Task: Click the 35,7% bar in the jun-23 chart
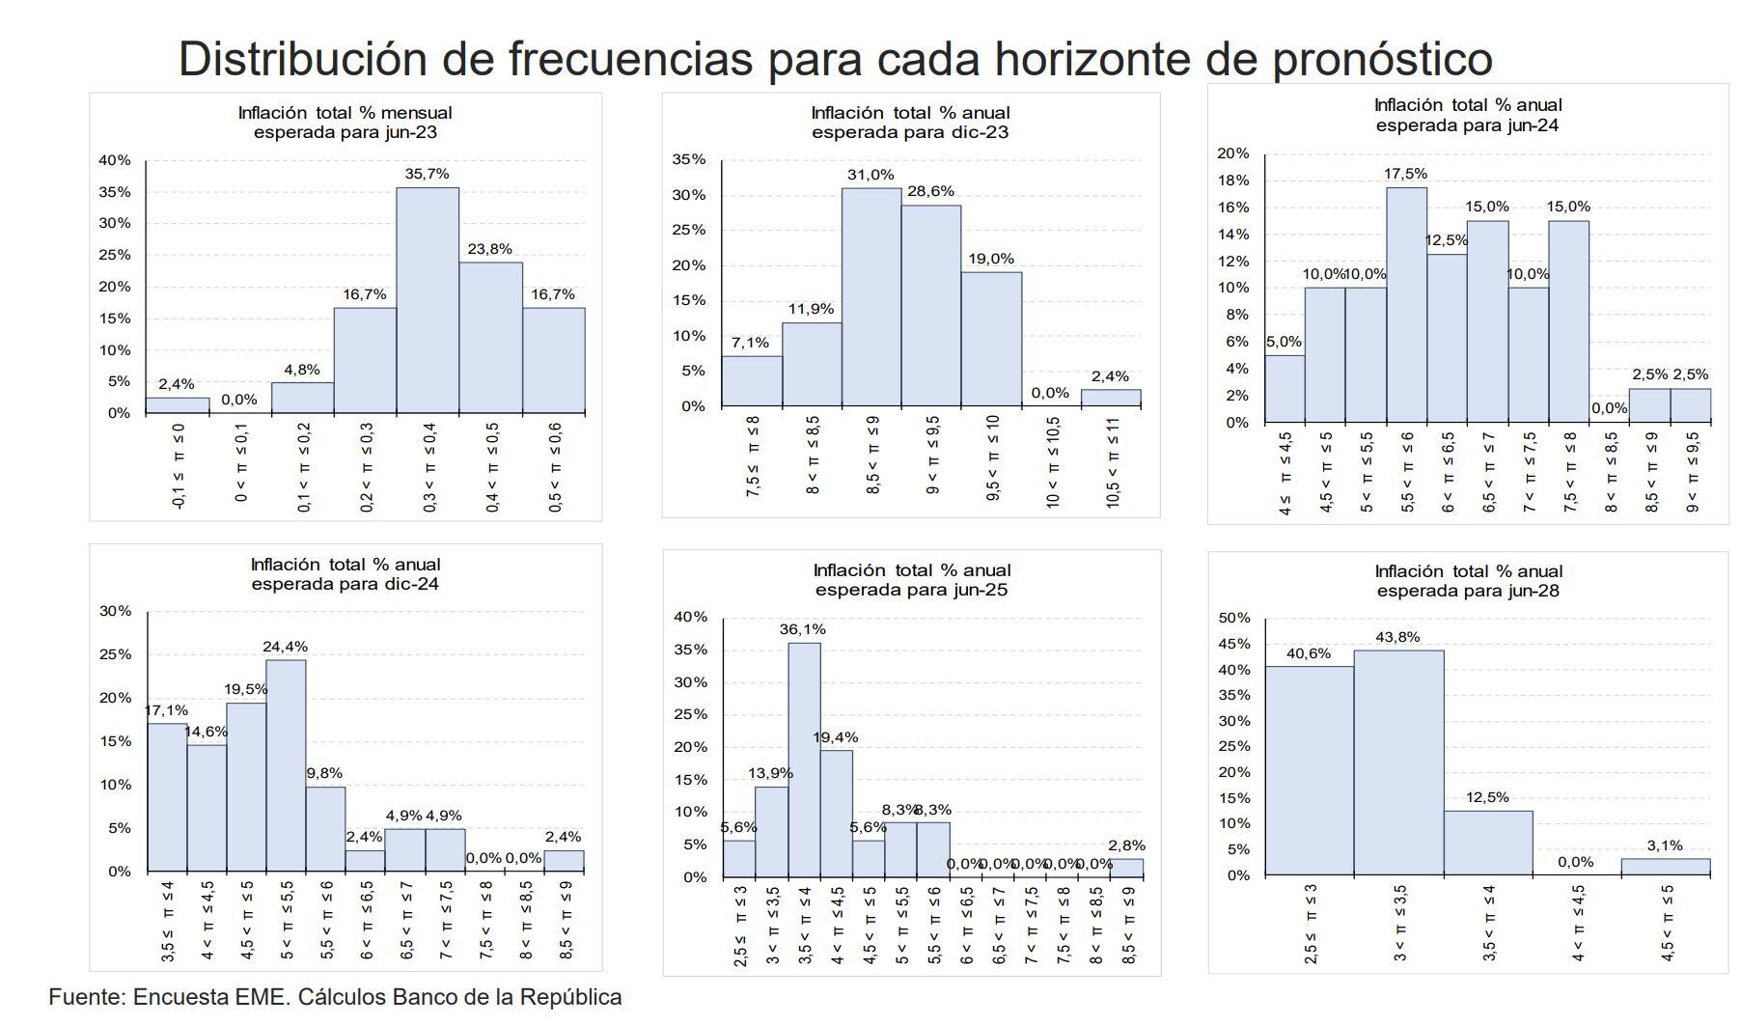(428, 300)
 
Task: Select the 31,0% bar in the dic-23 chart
(870, 297)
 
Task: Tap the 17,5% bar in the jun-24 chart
(1406, 305)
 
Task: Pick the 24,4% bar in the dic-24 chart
(286, 765)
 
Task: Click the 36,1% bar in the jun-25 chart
(804, 760)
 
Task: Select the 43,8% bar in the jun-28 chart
(1398, 762)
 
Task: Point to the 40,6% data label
(1308, 653)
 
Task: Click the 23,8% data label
(489, 249)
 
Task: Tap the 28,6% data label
(930, 191)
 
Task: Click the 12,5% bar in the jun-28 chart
(1487, 843)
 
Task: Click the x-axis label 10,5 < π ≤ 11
(1112, 462)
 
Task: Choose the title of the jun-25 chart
(911, 580)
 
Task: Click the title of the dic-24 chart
(345, 574)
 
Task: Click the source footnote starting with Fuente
(335, 997)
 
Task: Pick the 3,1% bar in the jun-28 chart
(1665, 867)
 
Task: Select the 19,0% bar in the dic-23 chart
(991, 339)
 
